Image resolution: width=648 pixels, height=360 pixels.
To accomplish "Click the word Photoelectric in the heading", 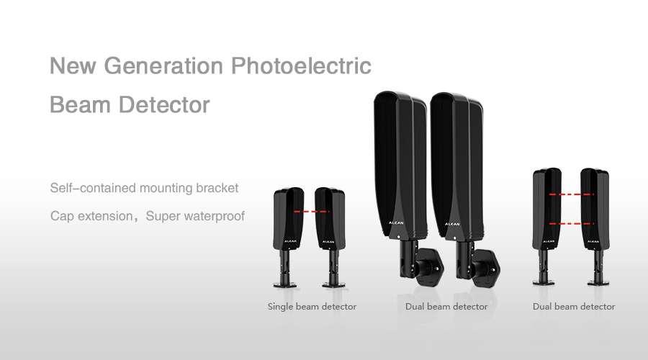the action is pyautogui.click(x=301, y=66).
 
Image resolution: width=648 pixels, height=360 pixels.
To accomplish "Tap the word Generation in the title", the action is pyautogui.click(x=163, y=66).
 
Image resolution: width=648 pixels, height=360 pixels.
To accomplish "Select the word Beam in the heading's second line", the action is pyautogui.click(x=80, y=104).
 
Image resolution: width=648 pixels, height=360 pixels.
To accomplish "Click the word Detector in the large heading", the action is pyautogui.click(x=164, y=104).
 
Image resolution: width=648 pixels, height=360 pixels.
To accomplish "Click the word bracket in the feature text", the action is pyautogui.click(x=217, y=188).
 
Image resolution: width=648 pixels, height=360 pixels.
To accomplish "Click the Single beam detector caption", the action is pyautogui.click(x=312, y=307).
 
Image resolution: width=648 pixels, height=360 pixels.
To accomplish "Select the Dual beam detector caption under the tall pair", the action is pyautogui.click(x=446, y=307).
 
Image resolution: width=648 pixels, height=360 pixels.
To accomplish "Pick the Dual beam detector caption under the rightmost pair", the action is pyautogui.click(x=574, y=307).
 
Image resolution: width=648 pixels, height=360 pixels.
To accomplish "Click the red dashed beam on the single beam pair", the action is pyautogui.click(x=312, y=212).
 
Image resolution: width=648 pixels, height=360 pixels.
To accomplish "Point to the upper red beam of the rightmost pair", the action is pyautogui.click(x=572, y=194).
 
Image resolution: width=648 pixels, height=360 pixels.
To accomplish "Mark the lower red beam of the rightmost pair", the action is pyautogui.click(x=572, y=224).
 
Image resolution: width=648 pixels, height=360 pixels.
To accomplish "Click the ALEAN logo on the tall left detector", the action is pyautogui.click(x=396, y=223).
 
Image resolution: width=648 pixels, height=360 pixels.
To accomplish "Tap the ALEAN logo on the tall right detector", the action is pyautogui.click(x=452, y=224).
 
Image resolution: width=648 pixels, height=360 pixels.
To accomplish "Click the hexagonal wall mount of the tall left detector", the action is pyautogui.click(x=429, y=267).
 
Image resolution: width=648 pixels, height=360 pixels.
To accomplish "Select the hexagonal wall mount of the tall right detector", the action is pyautogui.click(x=486, y=269).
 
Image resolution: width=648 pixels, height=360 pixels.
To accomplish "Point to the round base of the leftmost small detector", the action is pyautogui.click(x=284, y=284).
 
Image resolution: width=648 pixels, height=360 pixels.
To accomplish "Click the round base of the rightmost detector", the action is pyautogui.click(x=598, y=283).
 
